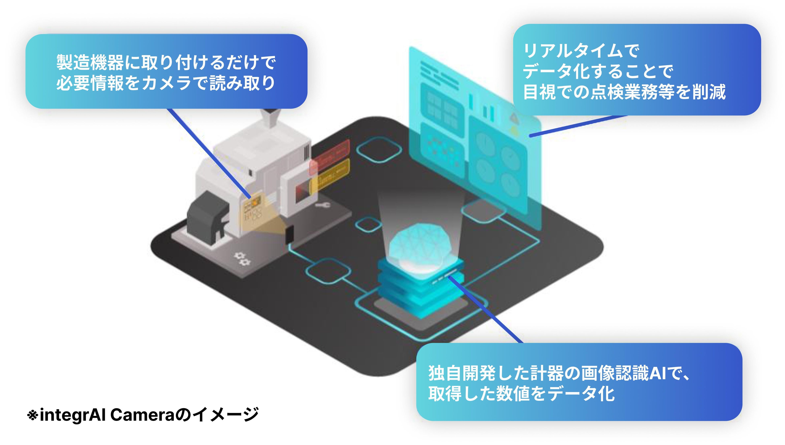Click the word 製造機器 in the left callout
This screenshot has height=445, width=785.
pos(90,63)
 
